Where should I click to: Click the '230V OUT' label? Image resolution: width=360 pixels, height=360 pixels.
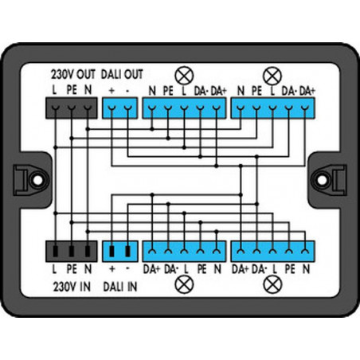[73, 74]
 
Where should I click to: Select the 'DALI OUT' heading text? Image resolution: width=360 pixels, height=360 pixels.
[122, 74]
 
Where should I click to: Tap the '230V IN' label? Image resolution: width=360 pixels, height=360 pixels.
[72, 287]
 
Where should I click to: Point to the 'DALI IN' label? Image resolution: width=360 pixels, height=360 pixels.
[120, 287]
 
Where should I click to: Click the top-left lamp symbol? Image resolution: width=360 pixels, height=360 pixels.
[184, 76]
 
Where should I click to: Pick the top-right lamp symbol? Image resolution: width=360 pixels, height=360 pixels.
[272, 76]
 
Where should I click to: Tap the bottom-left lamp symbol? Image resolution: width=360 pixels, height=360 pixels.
[184, 284]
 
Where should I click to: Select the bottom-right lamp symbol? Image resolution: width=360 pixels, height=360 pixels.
[272, 284]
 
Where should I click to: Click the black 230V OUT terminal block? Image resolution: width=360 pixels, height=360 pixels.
[72, 108]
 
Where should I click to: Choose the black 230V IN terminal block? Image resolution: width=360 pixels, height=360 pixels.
[72, 251]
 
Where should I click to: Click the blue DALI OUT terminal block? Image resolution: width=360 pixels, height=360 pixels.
[119, 108]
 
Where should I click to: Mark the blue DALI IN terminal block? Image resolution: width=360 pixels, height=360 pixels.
[119, 251]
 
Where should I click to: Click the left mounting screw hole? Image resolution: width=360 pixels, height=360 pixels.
[37, 180]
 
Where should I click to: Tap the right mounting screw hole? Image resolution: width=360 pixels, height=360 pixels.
[323, 180]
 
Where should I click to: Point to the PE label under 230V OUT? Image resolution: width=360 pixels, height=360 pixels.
[72, 90]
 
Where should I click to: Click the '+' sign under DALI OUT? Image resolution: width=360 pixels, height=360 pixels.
[112, 91]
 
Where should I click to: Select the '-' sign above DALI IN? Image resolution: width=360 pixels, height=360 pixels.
[128, 268]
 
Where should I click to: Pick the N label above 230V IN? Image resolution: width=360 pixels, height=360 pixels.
[88, 269]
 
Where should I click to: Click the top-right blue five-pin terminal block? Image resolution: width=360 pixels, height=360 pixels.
[273, 108]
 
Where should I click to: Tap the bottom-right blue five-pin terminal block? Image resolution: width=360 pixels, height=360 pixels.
[273, 251]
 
